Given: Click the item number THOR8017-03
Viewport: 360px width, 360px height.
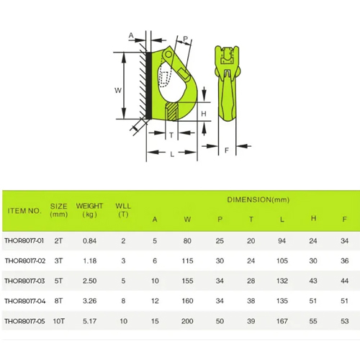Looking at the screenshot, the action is click(x=24, y=281).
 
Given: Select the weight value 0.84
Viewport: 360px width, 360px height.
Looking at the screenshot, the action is click(x=89, y=240).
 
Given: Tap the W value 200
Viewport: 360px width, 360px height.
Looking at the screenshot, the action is click(x=187, y=321).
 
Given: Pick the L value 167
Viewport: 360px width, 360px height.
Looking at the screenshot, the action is click(x=282, y=321).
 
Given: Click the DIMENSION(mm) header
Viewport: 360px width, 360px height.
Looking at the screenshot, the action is click(x=258, y=199).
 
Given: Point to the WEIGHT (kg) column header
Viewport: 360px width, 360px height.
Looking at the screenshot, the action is click(x=89, y=210).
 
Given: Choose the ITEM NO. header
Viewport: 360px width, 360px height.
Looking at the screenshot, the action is click(x=24, y=211).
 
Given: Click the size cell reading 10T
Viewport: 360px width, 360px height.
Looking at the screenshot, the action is click(x=59, y=321).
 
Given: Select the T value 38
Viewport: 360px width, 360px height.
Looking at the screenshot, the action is click(x=251, y=301).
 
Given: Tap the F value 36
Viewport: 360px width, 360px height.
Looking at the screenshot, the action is click(x=344, y=261).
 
